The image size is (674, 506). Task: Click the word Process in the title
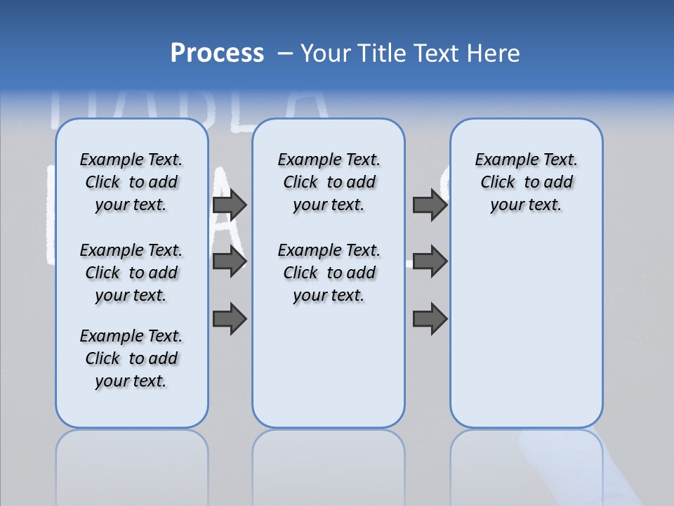(217, 53)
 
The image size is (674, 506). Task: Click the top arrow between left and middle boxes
(230, 205)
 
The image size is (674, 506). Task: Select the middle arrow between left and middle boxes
(230, 261)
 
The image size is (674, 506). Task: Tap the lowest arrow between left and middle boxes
(230, 318)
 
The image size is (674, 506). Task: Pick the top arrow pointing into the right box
(430, 205)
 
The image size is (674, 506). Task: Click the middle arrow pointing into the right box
(430, 261)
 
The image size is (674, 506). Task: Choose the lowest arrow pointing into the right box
(430, 318)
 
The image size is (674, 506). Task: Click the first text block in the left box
(131, 182)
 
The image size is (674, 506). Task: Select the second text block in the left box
(131, 273)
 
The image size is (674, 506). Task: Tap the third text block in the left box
(131, 358)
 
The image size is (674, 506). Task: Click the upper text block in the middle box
(329, 182)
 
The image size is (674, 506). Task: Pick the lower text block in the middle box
(329, 273)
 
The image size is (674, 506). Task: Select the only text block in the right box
(526, 182)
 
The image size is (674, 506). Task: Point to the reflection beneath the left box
(131, 464)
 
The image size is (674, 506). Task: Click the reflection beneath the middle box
(329, 464)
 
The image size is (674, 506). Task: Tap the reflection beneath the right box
(526, 464)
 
